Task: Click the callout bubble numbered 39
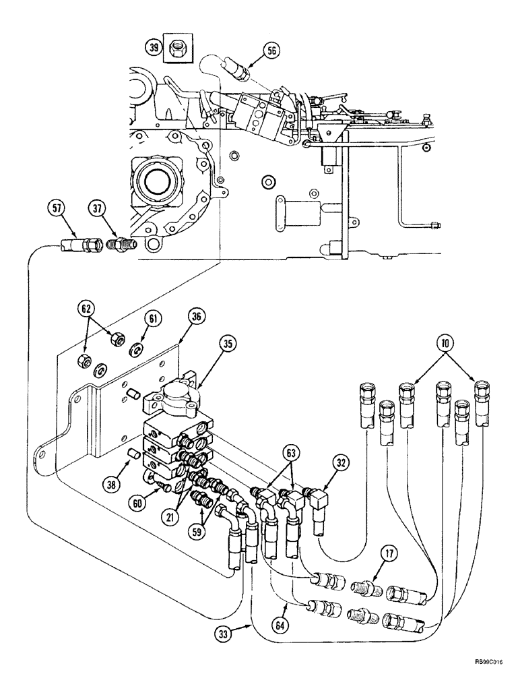pos(155,47)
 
